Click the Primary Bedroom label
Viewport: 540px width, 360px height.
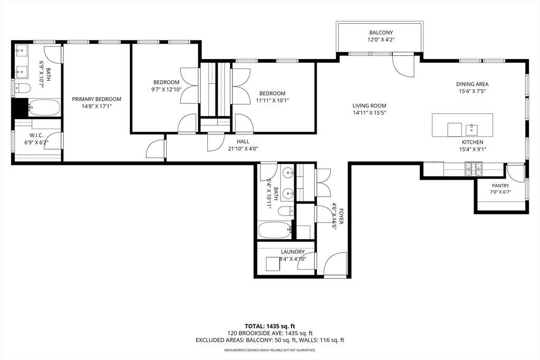coord(97,99)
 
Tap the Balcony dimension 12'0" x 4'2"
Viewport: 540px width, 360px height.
coord(381,40)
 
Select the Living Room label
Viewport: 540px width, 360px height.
coord(369,105)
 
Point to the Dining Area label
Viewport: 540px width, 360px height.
coord(472,84)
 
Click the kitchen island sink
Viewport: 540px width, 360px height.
coord(471,130)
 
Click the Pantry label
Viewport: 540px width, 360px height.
coord(500,186)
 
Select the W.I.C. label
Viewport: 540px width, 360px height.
coord(36,135)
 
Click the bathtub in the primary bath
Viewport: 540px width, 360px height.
coord(44,108)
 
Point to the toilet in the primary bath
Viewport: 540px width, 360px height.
coord(23,88)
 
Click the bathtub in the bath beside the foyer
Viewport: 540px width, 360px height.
coord(275,230)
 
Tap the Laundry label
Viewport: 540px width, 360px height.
coord(292,252)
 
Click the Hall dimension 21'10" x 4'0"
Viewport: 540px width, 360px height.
coord(243,149)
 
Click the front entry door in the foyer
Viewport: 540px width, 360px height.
coord(335,265)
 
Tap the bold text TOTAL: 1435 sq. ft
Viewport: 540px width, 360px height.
coord(270,326)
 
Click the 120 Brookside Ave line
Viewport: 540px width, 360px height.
coord(270,333)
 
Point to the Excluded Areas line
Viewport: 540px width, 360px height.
coord(270,340)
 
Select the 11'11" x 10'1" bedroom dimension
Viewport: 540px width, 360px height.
coord(272,101)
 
